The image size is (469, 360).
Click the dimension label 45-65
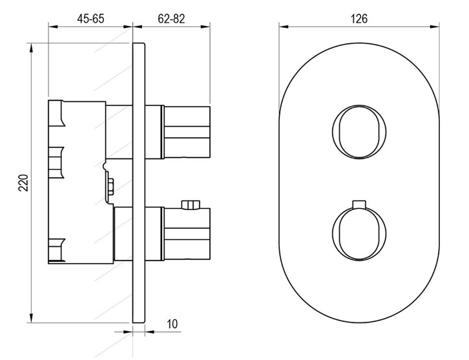point(90,19)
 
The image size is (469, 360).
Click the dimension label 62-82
point(171,19)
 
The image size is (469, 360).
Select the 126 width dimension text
point(359,19)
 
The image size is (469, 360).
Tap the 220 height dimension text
point(23,182)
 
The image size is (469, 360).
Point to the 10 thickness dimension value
point(172,324)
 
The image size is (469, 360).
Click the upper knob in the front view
point(359,132)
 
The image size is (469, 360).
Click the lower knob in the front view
point(359,233)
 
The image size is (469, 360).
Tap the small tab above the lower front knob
point(359,204)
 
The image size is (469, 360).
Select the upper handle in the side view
point(186,132)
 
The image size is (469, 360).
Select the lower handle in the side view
point(186,234)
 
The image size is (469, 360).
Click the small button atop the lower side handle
point(191,204)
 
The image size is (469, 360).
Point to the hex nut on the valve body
point(110,187)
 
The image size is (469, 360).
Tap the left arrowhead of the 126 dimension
point(284,26)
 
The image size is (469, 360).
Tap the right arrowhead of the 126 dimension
point(433,26)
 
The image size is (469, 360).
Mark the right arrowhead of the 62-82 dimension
point(205,26)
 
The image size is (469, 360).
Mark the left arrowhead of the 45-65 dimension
point(53,26)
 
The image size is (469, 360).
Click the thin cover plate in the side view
point(139,183)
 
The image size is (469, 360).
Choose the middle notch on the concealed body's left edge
point(56,162)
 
